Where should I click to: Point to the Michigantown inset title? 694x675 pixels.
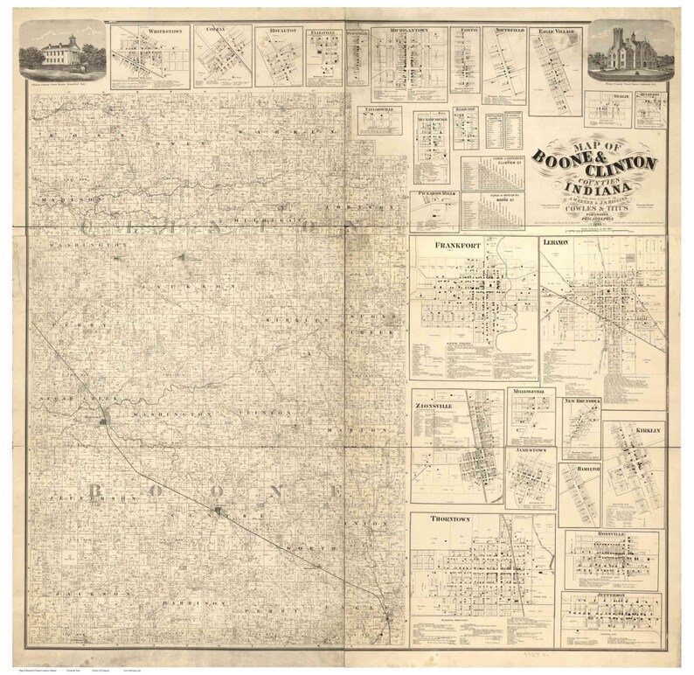pos(408,31)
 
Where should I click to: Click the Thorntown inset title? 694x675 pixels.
pos(450,518)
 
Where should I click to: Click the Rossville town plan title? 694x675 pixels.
pos(612,532)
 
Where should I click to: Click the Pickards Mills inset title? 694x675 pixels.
pos(434,197)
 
